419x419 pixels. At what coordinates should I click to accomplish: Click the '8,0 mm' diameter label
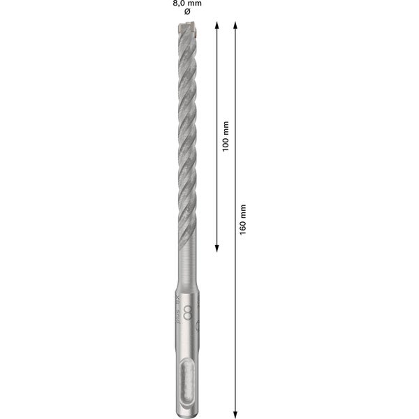[186, 3]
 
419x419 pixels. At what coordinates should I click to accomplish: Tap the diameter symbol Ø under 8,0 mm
[186, 13]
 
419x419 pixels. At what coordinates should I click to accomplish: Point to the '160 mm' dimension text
[243, 219]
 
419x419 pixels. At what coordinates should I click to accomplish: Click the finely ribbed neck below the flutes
[186, 269]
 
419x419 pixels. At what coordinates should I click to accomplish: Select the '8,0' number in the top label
[179, 3]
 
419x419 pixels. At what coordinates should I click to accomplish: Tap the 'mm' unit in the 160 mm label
[243, 209]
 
